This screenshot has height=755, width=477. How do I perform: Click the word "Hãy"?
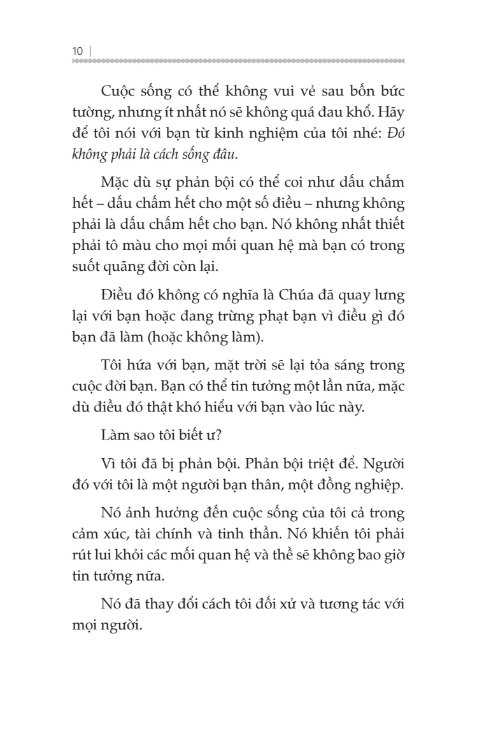(389, 113)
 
